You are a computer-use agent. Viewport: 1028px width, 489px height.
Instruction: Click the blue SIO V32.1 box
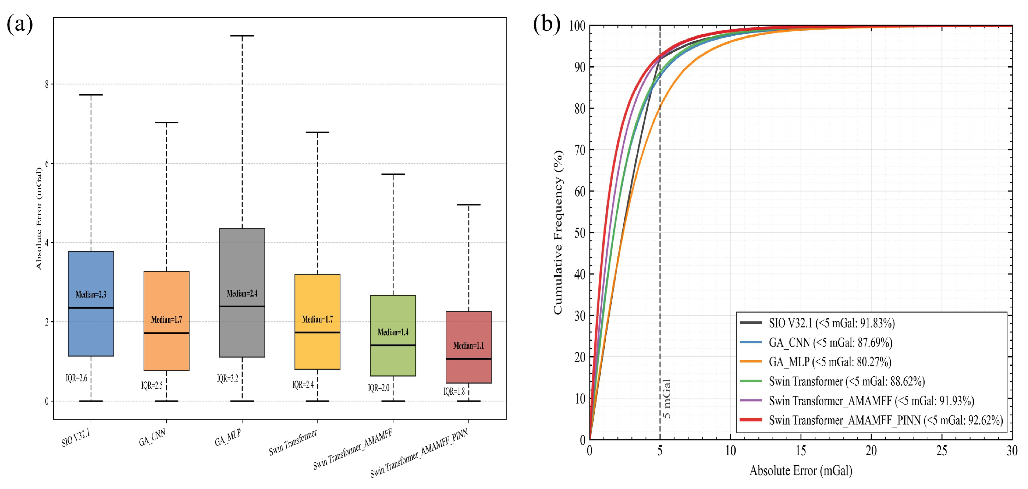coord(91,303)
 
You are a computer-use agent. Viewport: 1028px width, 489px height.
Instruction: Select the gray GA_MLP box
coord(242,292)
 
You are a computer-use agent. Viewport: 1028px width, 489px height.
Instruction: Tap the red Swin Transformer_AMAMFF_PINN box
coord(468,347)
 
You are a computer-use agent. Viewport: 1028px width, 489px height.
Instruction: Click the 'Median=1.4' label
coord(393,332)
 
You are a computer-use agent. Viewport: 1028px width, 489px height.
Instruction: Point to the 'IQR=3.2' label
coord(228,378)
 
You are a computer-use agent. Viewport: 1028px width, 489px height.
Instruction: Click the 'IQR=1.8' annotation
coord(454,391)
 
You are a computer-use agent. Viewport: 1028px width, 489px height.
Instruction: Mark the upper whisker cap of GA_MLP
coord(242,36)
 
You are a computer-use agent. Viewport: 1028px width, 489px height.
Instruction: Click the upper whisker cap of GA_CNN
coord(166,122)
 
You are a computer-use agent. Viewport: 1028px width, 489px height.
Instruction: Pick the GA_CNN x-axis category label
coord(152,438)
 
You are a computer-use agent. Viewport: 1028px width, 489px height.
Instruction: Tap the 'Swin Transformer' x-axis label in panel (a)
coord(293,442)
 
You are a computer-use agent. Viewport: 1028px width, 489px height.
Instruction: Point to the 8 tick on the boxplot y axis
coord(47,84)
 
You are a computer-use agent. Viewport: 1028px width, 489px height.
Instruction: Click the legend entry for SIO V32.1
coord(817,323)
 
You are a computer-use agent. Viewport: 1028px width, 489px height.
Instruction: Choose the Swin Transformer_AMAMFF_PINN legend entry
coord(871,420)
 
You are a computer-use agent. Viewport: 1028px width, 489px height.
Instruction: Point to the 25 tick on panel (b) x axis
coord(942,451)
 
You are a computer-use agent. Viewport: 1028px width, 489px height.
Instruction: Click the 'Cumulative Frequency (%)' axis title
coord(558,233)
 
